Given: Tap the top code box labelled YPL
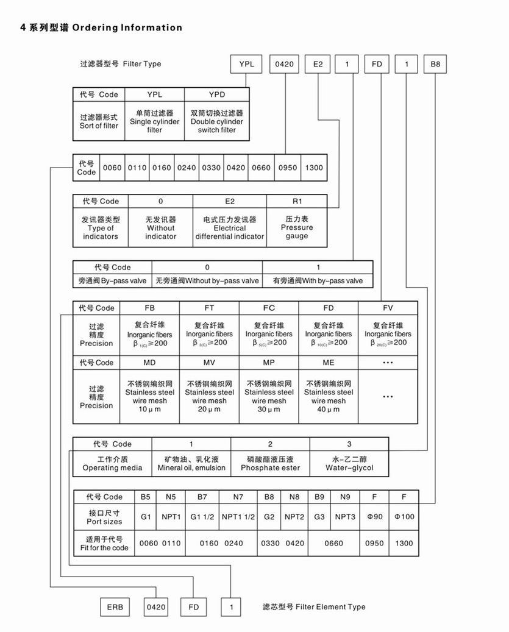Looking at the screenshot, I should [246, 63].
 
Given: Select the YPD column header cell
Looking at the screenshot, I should [216, 94].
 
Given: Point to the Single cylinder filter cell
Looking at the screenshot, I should [155, 121].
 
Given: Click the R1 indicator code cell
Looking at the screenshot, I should [297, 201].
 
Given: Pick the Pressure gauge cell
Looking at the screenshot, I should [297, 227].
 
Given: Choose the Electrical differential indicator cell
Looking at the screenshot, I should [230, 228].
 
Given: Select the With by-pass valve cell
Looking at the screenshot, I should [318, 281].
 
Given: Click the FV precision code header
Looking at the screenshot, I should [388, 308].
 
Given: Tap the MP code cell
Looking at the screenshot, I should [269, 363].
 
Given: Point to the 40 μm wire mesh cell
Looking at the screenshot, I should [329, 397].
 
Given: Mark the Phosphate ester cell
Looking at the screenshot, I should [270, 463].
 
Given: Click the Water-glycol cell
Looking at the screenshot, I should [349, 463].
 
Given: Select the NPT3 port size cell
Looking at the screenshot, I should [345, 517].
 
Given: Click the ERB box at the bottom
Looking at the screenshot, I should [115, 607].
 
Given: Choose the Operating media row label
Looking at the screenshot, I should [112, 463].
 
